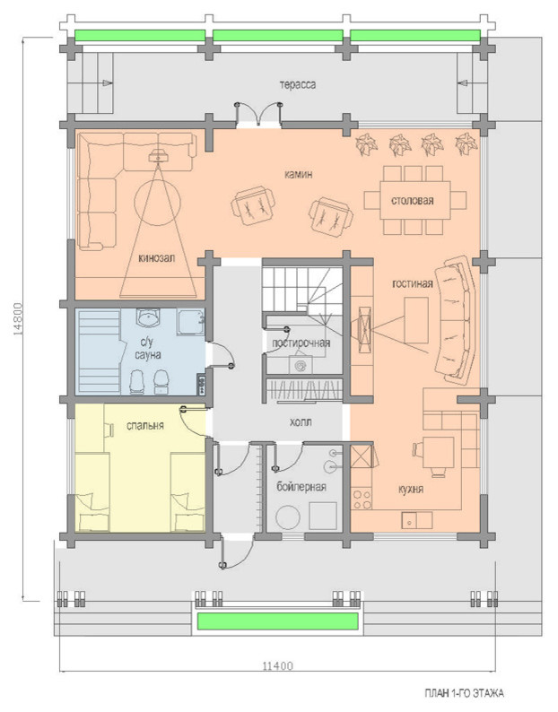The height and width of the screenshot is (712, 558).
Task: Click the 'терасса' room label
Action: [x=298, y=85]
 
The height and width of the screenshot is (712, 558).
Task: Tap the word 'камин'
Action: [x=298, y=174]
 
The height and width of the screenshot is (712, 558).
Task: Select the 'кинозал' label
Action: [x=157, y=258]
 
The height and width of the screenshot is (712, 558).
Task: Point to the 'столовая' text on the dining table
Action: [x=412, y=201]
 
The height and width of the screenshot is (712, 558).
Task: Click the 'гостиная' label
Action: [x=412, y=283]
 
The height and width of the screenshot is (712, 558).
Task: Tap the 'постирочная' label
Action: [x=301, y=343]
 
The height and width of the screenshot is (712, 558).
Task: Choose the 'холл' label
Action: [x=301, y=422]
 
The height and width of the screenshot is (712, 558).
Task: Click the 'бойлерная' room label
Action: [x=301, y=487]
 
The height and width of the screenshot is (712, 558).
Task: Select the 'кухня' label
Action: [x=411, y=489]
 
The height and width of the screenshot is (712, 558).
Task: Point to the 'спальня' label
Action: [x=145, y=425]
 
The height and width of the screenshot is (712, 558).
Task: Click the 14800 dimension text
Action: [x=18, y=318]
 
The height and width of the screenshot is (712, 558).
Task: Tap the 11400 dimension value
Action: [x=277, y=666]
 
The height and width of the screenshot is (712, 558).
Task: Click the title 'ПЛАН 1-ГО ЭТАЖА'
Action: [x=464, y=693]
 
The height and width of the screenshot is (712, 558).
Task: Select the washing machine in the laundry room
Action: [x=301, y=365]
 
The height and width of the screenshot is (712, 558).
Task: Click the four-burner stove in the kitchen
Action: [x=362, y=499]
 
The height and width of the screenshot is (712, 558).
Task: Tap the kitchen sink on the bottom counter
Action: [x=416, y=520]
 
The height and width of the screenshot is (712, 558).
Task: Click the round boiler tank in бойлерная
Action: [x=289, y=517]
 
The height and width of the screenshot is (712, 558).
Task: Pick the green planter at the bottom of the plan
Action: [x=277, y=621]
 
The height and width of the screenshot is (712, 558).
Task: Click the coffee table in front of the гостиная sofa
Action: [x=416, y=320]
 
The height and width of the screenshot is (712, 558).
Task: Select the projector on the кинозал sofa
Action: [x=159, y=155]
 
